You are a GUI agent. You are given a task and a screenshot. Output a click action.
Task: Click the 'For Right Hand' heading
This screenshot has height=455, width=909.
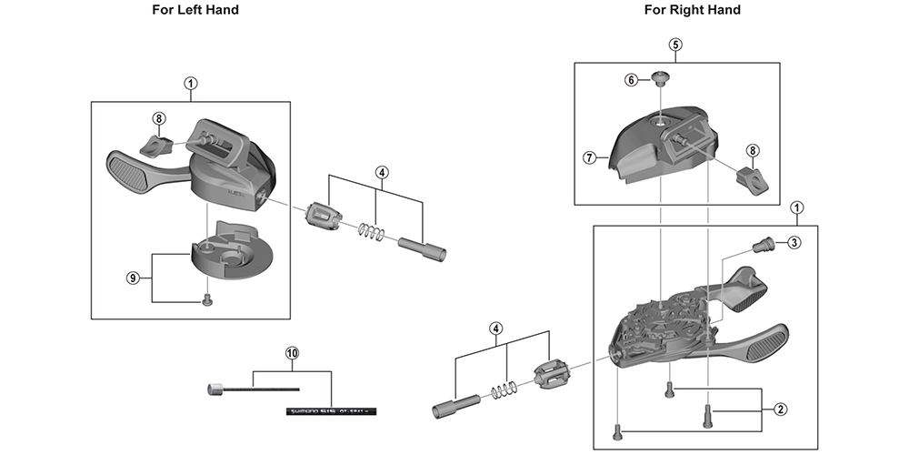click(x=693, y=10)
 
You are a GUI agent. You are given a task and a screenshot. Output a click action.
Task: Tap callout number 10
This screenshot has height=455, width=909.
click(x=291, y=352)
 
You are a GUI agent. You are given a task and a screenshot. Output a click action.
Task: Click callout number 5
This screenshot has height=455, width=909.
click(x=675, y=44)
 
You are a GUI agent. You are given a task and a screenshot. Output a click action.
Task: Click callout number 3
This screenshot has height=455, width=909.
click(x=794, y=242)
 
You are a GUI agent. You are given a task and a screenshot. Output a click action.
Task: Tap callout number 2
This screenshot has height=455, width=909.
click(x=780, y=409)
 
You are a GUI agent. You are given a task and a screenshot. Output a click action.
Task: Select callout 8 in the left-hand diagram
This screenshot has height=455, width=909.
click(x=159, y=118)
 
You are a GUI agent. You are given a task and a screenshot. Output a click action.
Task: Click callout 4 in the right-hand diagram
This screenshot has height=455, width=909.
click(x=495, y=328)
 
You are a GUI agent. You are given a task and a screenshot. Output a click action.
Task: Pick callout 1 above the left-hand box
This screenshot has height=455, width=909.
click(x=191, y=83)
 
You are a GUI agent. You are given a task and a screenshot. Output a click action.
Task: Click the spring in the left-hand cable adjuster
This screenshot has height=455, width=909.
click(x=368, y=232)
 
